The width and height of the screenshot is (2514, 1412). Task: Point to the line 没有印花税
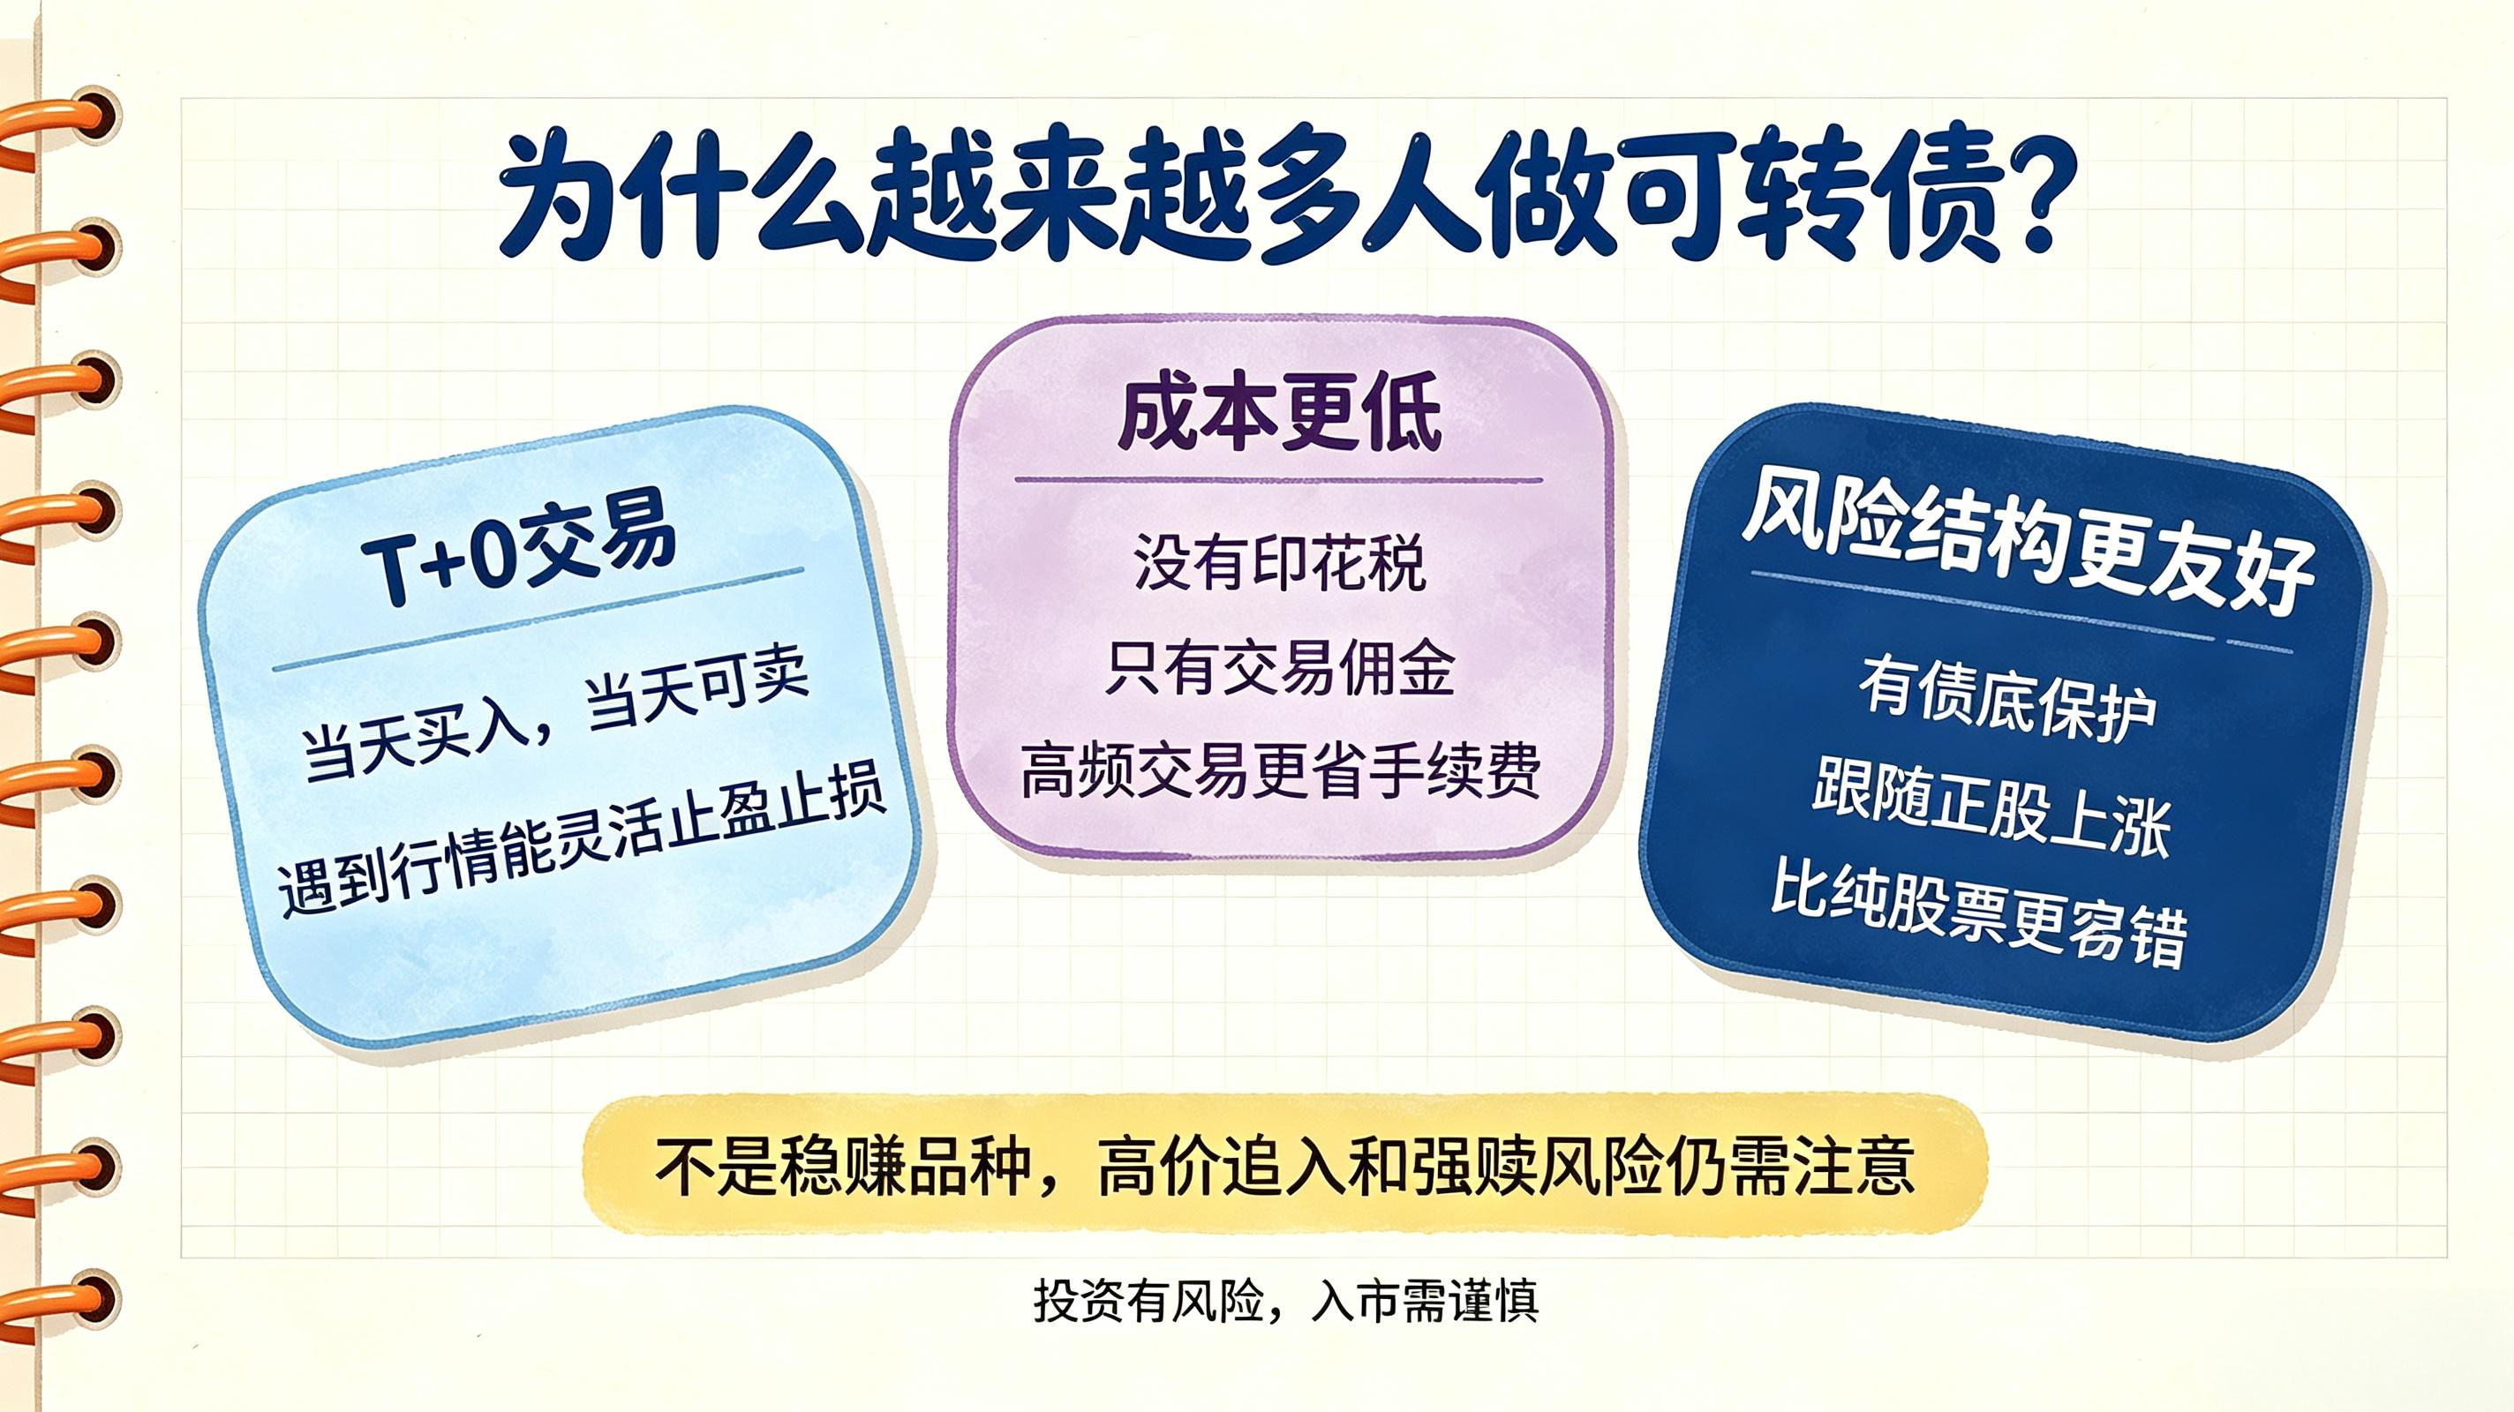[x=1279, y=563]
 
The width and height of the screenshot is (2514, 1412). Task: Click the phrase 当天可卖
[x=696, y=688]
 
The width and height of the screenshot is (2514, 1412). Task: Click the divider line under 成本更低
[x=1278, y=480]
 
